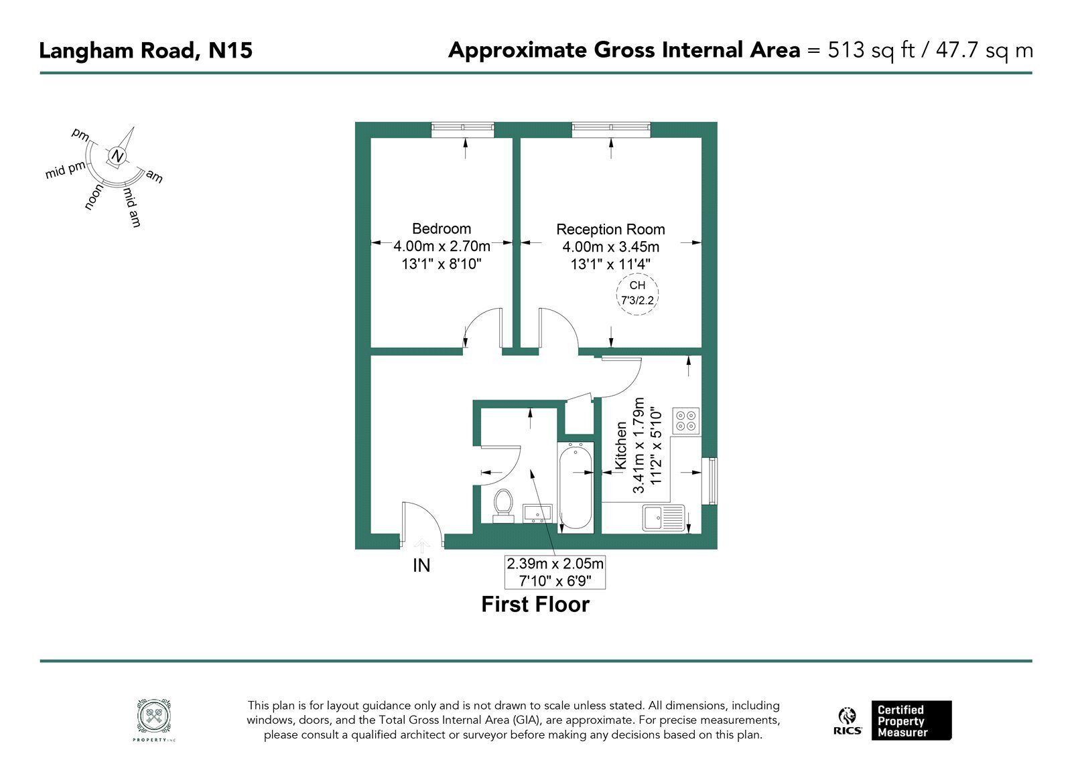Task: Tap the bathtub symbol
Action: pos(576,486)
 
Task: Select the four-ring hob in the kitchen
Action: pos(686,421)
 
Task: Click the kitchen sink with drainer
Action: pos(663,518)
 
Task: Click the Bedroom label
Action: pos(442,228)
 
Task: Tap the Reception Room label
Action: pos(610,230)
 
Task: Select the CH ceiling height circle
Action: pos(637,293)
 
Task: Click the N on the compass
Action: pos(117,156)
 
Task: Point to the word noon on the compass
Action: pos(94,197)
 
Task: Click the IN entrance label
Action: pos(421,566)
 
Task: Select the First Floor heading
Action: pos(535,605)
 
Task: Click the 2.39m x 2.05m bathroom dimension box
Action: pos(555,572)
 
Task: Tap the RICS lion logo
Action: pos(847,716)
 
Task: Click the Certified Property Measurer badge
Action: pos(911,720)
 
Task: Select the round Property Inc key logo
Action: pos(154,716)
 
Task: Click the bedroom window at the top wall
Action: pos(462,130)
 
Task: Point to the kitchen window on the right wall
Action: pos(713,481)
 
